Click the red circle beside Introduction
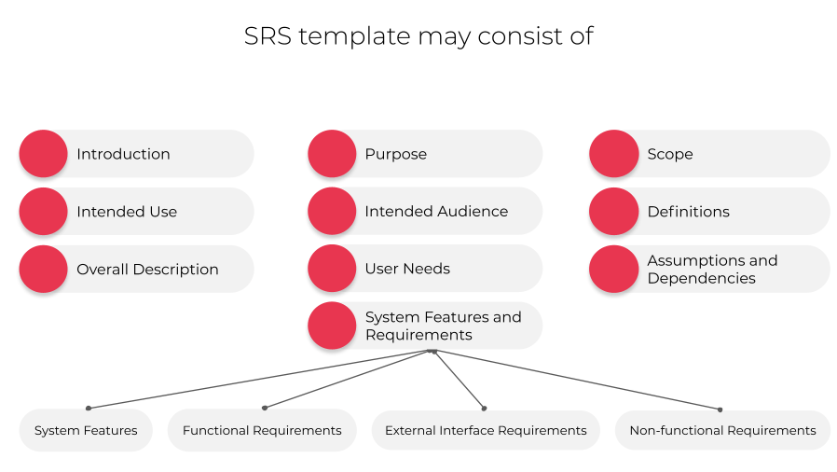tap(43, 154)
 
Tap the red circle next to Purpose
tap(332, 154)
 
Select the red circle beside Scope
tap(614, 154)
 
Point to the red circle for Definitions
tap(614, 212)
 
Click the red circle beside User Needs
tap(332, 269)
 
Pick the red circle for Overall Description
tap(43, 269)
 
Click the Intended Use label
tap(127, 212)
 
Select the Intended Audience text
tap(436, 212)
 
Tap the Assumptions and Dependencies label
tap(712, 269)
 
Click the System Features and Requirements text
tap(443, 326)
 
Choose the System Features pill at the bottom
tap(86, 430)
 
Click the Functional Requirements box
tap(262, 430)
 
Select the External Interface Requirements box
tap(486, 430)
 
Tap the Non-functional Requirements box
tap(722, 430)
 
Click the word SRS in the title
tap(268, 36)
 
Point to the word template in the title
tap(354, 37)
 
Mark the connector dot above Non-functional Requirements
tap(720, 410)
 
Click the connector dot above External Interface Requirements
tap(484, 409)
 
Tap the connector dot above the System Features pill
tap(89, 408)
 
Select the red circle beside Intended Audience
tap(332, 211)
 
